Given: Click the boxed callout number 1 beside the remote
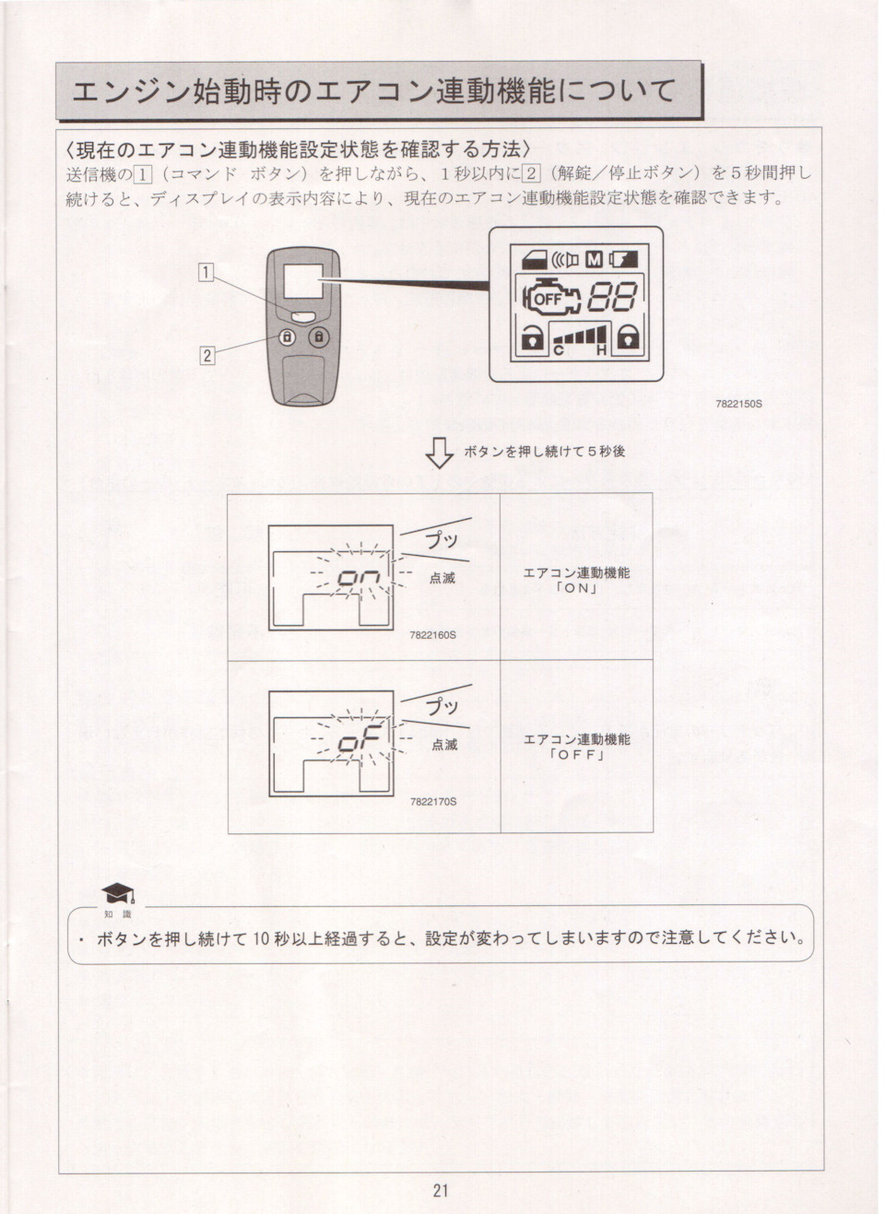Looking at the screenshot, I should (207, 271).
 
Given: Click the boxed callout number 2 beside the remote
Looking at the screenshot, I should (207, 355).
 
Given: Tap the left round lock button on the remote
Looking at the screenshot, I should (287, 338).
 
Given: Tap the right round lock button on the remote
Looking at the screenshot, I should (319, 338).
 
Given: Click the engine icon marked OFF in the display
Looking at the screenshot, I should (549, 298).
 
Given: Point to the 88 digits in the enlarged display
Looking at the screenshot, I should (613, 297).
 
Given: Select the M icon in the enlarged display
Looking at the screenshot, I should (594, 259).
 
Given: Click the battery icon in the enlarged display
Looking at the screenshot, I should (624, 259).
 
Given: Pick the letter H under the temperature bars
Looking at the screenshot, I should (600, 350).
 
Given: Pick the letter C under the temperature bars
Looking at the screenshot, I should (559, 350).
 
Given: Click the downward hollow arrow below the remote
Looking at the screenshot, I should (440, 453).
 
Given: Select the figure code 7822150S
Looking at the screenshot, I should (738, 404).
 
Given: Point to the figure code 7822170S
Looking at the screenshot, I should (433, 801).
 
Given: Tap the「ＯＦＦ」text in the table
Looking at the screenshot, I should (576, 755).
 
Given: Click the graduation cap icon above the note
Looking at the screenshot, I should (117, 893).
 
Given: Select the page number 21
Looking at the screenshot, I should (441, 1190).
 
